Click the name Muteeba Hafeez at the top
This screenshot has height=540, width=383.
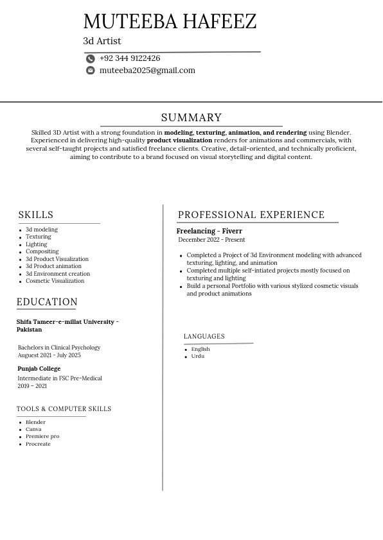click(170, 21)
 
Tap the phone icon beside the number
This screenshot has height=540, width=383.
click(91, 58)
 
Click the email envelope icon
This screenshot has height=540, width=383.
click(91, 71)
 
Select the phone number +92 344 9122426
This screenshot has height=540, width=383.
click(130, 58)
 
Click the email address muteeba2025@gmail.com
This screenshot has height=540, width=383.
click(147, 71)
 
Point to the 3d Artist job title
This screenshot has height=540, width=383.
click(102, 41)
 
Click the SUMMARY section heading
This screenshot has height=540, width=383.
click(191, 117)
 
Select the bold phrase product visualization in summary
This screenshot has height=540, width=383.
click(179, 140)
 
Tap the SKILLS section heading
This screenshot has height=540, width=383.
click(36, 215)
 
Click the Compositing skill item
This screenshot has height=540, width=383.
click(42, 251)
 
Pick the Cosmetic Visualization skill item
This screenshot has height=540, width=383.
click(55, 281)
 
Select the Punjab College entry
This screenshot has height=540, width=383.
click(39, 369)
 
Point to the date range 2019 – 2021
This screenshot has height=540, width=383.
click(32, 386)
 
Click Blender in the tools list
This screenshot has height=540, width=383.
click(35, 422)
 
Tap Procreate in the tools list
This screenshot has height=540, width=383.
click(38, 444)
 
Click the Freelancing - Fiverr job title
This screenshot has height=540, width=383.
click(209, 231)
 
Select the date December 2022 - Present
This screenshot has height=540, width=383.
click(211, 240)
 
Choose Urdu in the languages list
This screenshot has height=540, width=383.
click(197, 356)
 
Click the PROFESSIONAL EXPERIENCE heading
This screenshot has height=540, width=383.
click(251, 215)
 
